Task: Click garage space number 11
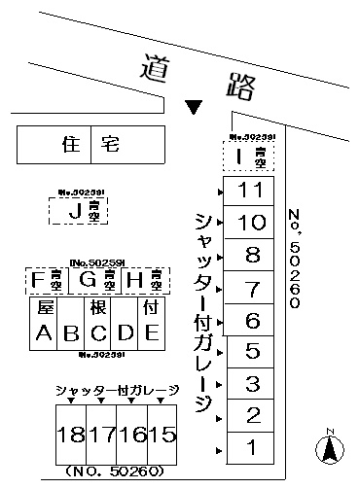(251, 190)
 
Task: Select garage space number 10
(251, 223)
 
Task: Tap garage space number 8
(251, 256)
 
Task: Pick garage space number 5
(251, 351)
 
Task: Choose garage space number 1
(251, 448)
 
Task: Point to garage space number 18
(69, 433)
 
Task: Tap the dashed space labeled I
(248, 156)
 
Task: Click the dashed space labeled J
(79, 210)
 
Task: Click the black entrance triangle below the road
(195, 105)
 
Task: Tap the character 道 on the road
(150, 68)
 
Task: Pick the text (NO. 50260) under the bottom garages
(118, 473)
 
